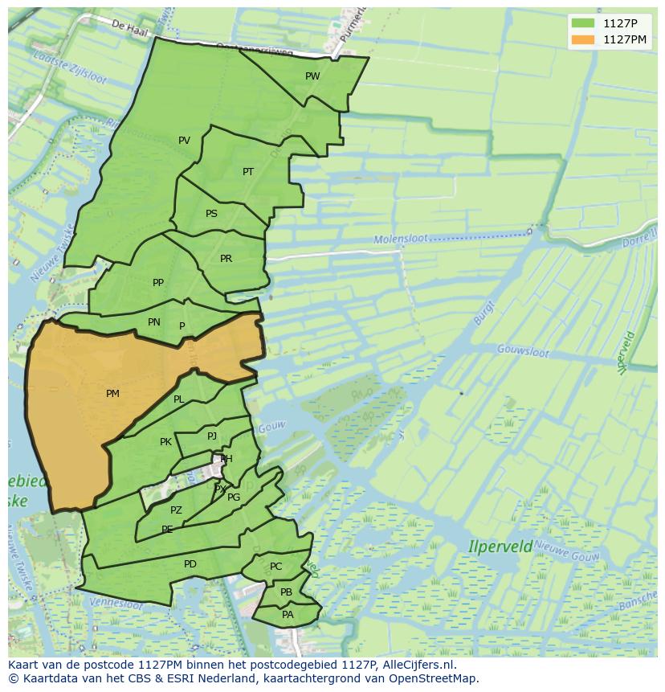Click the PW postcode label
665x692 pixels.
click(312, 76)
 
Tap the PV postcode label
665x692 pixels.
click(184, 141)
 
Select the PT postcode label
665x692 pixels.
click(248, 172)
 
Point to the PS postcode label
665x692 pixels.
click(211, 214)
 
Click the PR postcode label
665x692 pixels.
click(226, 259)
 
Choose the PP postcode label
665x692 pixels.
click(158, 283)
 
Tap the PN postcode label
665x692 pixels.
click(154, 322)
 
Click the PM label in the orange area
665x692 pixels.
click(112, 394)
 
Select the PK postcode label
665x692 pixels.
click(165, 442)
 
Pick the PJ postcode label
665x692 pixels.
click(212, 436)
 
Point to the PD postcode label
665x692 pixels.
click(190, 564)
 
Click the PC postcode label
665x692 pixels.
click(275, 567)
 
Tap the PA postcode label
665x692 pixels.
click(288, 615)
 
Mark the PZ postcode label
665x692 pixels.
click(176, 510)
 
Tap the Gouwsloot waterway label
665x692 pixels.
click(522, 351)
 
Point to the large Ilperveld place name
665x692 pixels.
click(500, 547)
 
